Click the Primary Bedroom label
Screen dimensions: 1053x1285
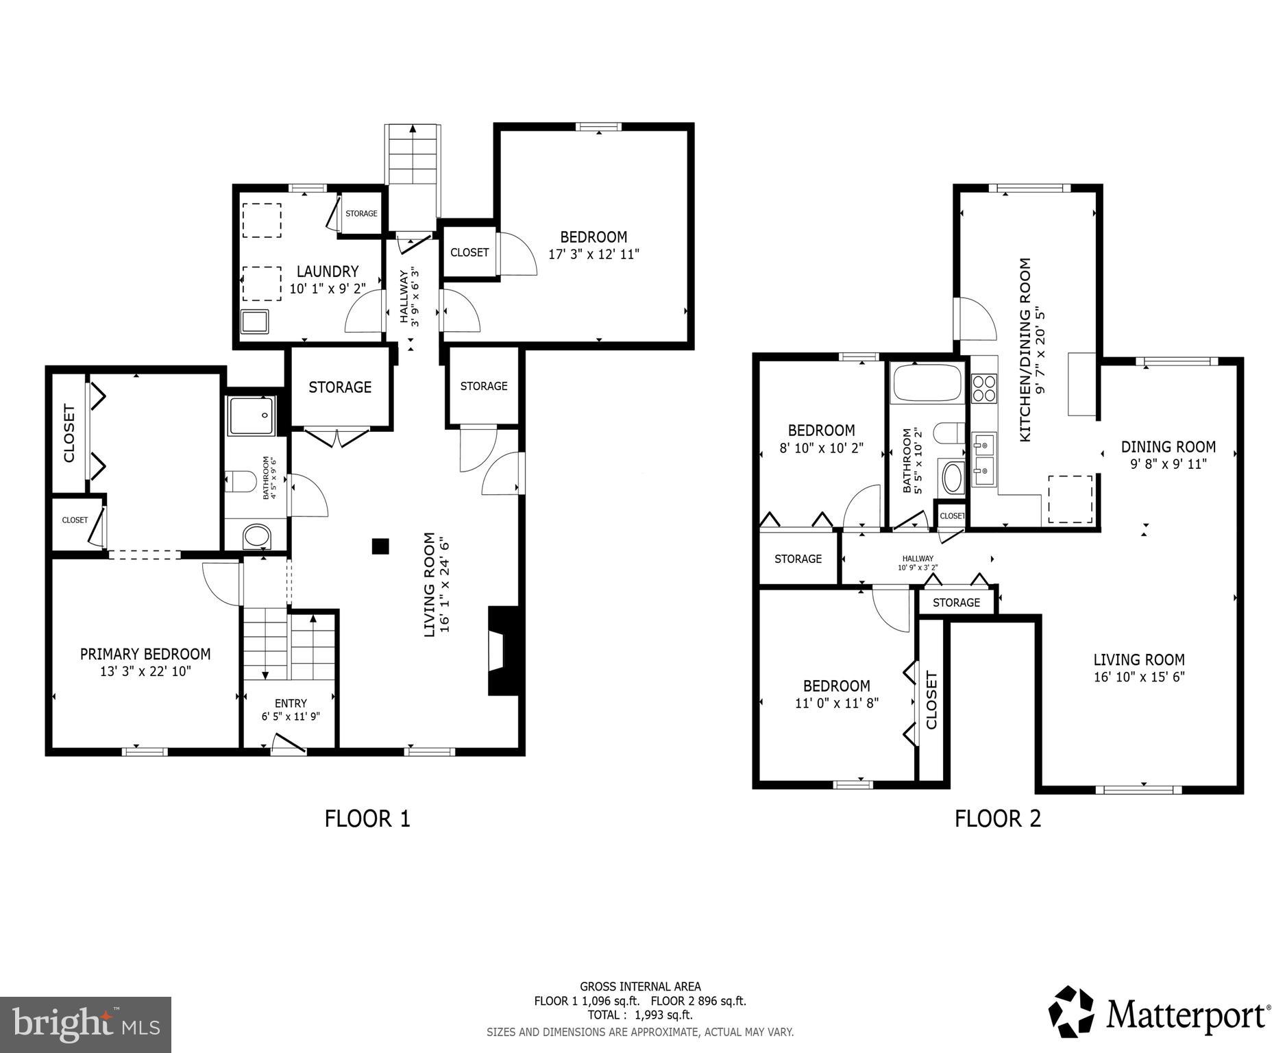[x=145, y=653]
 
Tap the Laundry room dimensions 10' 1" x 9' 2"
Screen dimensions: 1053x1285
[x=327, y=289]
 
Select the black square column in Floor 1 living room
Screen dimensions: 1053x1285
[x=380, y=546]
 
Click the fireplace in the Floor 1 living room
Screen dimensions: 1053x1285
[x=499, y=651]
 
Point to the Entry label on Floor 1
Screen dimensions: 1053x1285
[x=291, y=703]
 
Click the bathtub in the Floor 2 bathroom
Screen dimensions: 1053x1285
[x=927, y=383]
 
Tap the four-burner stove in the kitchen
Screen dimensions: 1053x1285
[x=984, y=388]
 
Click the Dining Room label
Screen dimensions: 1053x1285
[x=1168, y=447]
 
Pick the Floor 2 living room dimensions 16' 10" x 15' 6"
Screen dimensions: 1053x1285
[x=1139, y=677]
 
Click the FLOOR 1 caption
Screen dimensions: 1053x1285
[x=367, y=819]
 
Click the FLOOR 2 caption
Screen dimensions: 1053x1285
[x=997, y=819]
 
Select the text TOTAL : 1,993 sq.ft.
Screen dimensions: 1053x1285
[x=639, y=1015]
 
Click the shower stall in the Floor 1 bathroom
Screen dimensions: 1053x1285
[x=251, y=415]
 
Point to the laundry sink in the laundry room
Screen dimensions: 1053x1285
[x=254, y=321]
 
